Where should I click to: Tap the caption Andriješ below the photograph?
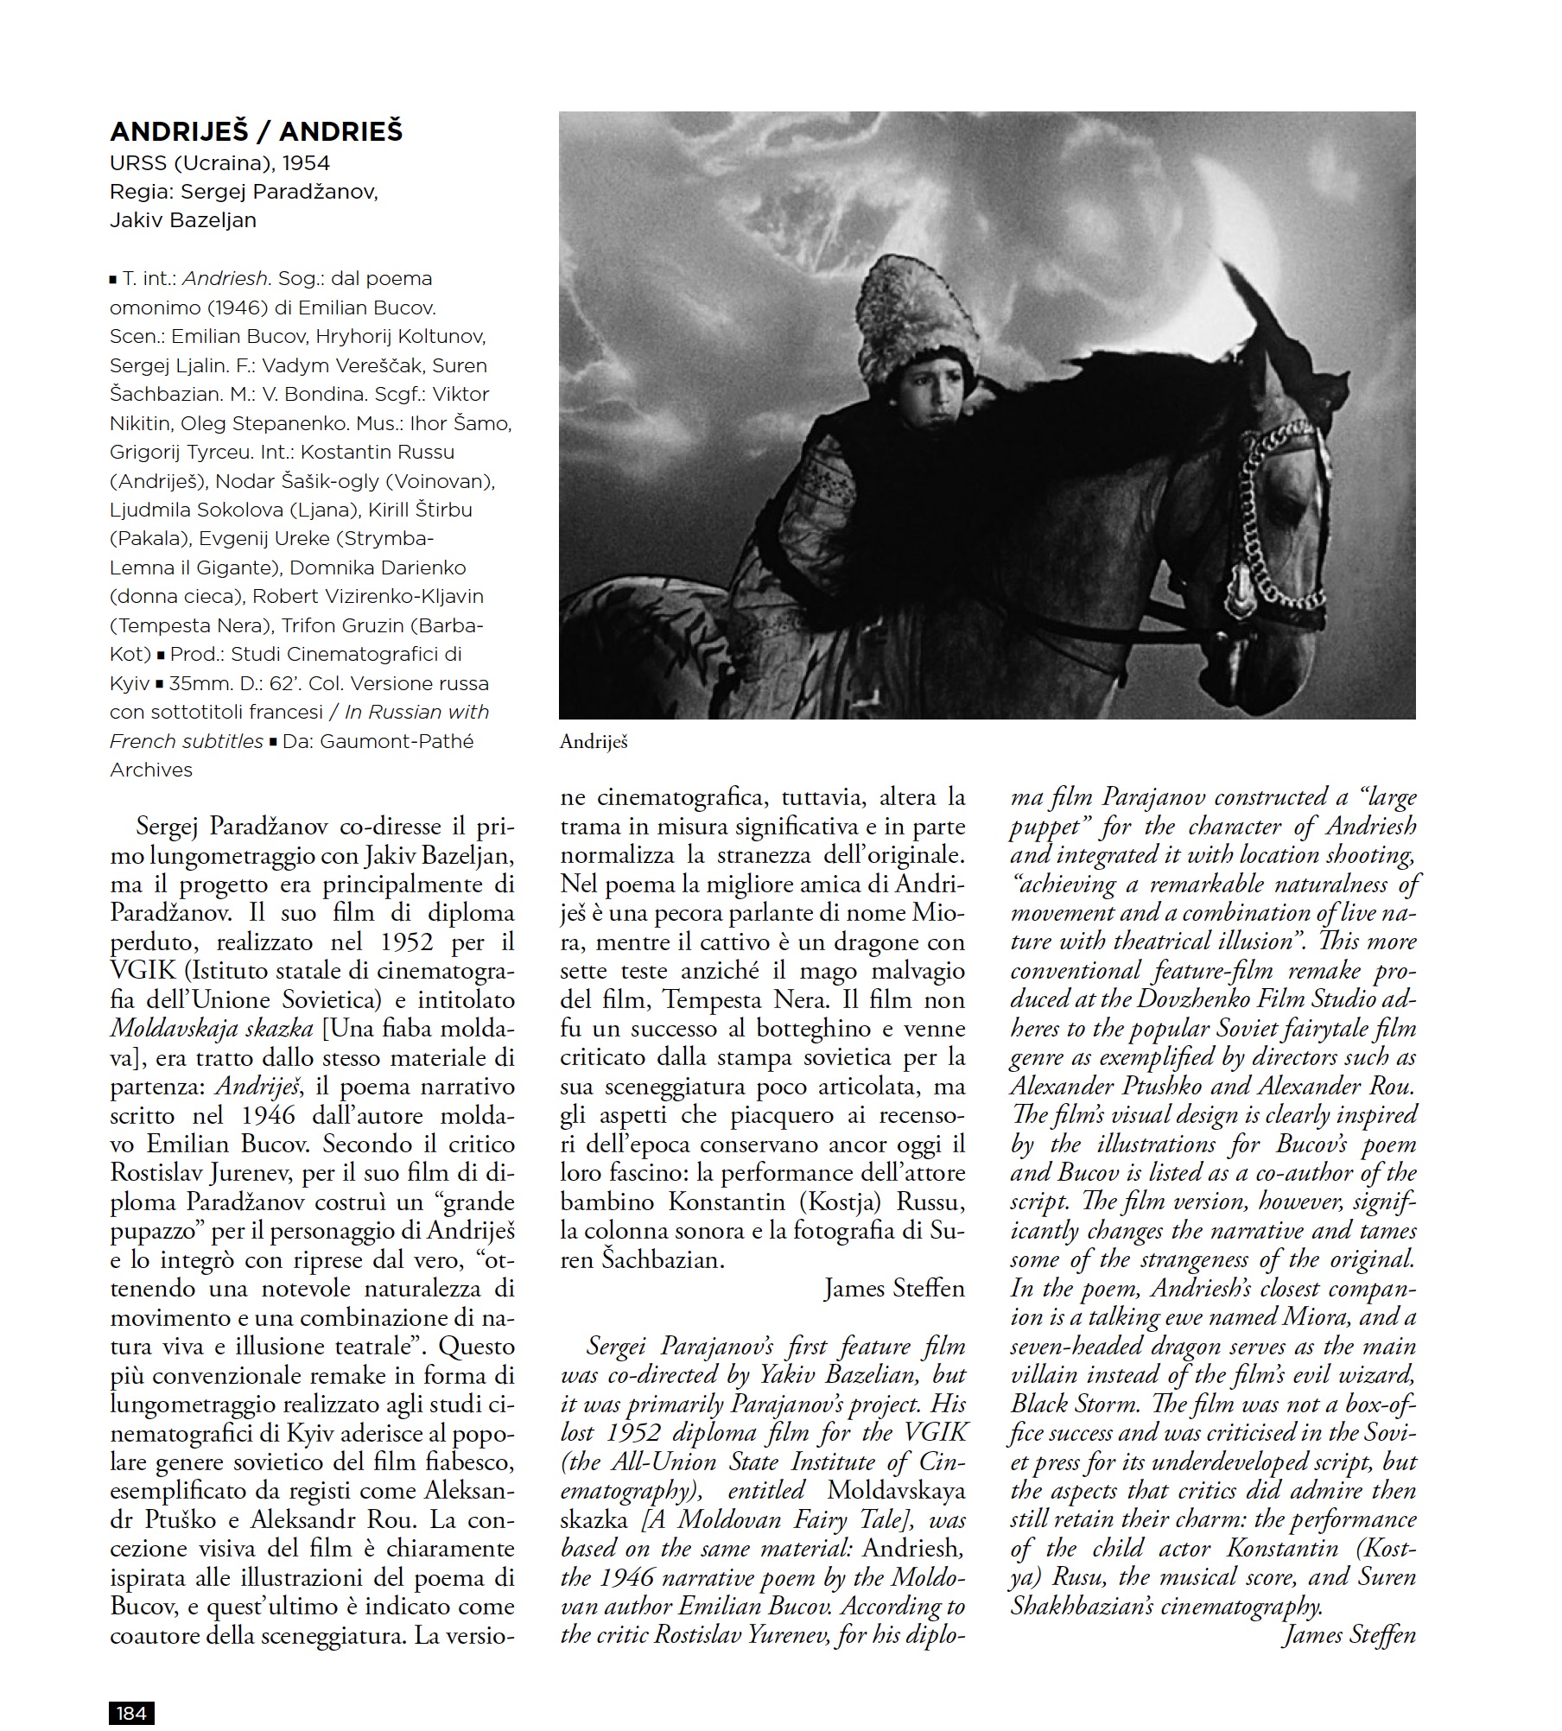pos(594,741)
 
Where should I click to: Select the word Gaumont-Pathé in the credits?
pos(397,741)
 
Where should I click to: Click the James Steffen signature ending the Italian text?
pos(893,1289)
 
